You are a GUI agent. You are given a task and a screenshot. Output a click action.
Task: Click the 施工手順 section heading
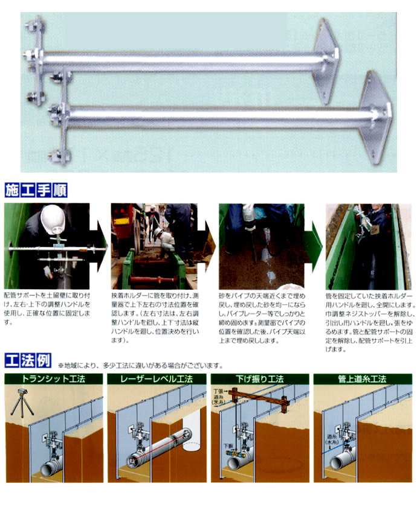point(35,191)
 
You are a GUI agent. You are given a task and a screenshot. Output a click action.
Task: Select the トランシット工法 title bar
point(53,380)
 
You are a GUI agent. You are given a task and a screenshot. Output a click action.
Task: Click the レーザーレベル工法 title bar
point(156,380)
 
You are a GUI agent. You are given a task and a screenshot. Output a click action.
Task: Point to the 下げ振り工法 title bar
point(259,380)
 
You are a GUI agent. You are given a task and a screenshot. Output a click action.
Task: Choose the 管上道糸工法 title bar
point(362,380)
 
